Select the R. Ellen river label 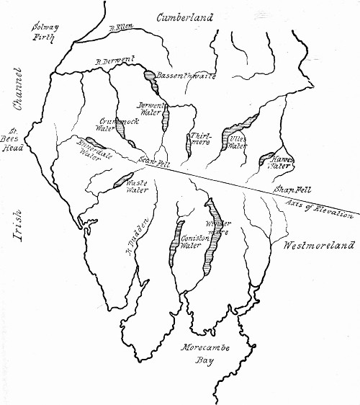point(121,28)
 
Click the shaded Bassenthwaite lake point(148,74)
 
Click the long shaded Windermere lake point(212,238)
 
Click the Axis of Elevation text point(320,210)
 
